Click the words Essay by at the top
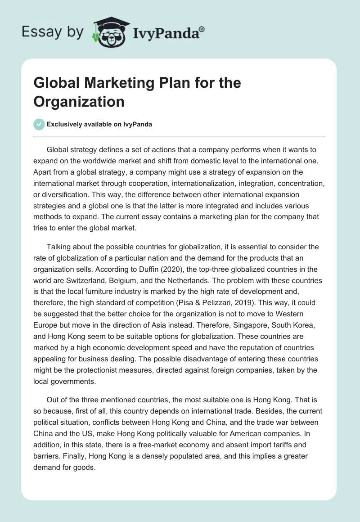click(x=53, y=32)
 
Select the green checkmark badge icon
click(x=39, y=124)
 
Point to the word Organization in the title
click(x=79, y=102)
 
